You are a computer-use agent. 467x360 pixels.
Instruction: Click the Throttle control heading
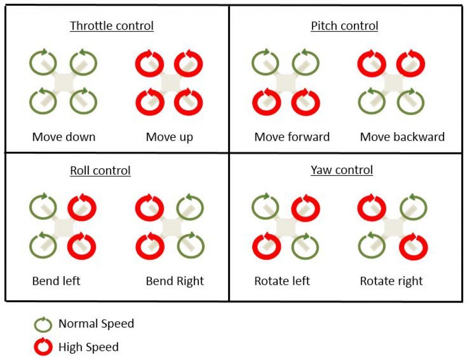(x=112, y=26)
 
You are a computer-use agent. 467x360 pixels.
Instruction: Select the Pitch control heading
(x=345, y=26)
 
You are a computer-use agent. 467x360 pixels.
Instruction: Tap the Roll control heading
(x=100, y=170)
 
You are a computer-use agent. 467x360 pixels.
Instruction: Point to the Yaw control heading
(x=342, y=170)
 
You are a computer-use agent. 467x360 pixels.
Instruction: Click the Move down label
(x=64, y=137)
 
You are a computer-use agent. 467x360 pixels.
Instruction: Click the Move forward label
(x=292, y=137)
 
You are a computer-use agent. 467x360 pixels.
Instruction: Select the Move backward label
(x=402, y=137)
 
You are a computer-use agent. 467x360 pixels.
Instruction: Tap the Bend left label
(x=56, y=281)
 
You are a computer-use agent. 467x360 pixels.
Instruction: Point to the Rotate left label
(x=282, y=281)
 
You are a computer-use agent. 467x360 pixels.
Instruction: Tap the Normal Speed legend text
(x=96, y=324)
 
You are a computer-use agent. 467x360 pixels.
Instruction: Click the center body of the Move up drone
(x=171, y=83)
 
